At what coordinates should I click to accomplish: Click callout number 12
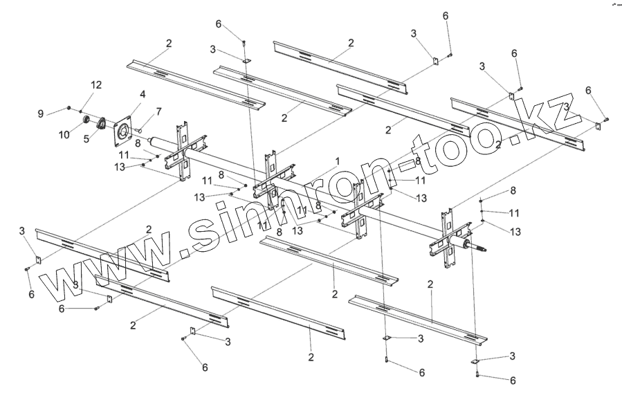pyautogui.click(x=96, y=84)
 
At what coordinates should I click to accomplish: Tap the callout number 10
pyautogui.click(x=64, y=134)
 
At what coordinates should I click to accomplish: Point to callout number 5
pyautogui.click(x=87, y=138)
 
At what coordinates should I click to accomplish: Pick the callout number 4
pyautogui.click(x=143, y=94)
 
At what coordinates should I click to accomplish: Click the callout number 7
pyautogui.click(x=158, y=111)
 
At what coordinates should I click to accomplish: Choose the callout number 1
pyautogui.click(x=337, y=161)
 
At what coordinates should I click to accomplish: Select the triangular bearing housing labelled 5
pyautogui.click(x=100, y=124)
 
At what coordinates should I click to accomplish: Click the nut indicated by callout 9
pyautogui.click(x=70, y=107)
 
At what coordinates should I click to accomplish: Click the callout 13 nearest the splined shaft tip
pyautogui.click(x=515, y=232)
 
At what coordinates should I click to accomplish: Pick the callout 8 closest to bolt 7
pyautogui.click(x=138, y=143)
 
